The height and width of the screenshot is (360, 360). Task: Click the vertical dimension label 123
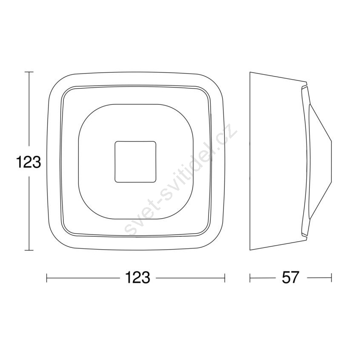[x=29, y=162]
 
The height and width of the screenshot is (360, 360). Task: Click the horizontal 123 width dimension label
[x=137, y=277]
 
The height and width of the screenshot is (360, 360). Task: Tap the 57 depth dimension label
[x=291, y=277]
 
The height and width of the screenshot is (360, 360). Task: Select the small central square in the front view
[x=135, y=162]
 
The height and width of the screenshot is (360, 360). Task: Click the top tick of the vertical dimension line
[x=29, y=72]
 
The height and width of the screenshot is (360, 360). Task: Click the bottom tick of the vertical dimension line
[x=29, y=250]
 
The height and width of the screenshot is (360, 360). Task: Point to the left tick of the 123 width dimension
[x=47, y=278]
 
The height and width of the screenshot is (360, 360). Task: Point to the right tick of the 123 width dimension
[x=225, y=278]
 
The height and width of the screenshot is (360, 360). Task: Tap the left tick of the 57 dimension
[x=250, y=278]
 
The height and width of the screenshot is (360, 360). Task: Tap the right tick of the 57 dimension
[x=331, y=278]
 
